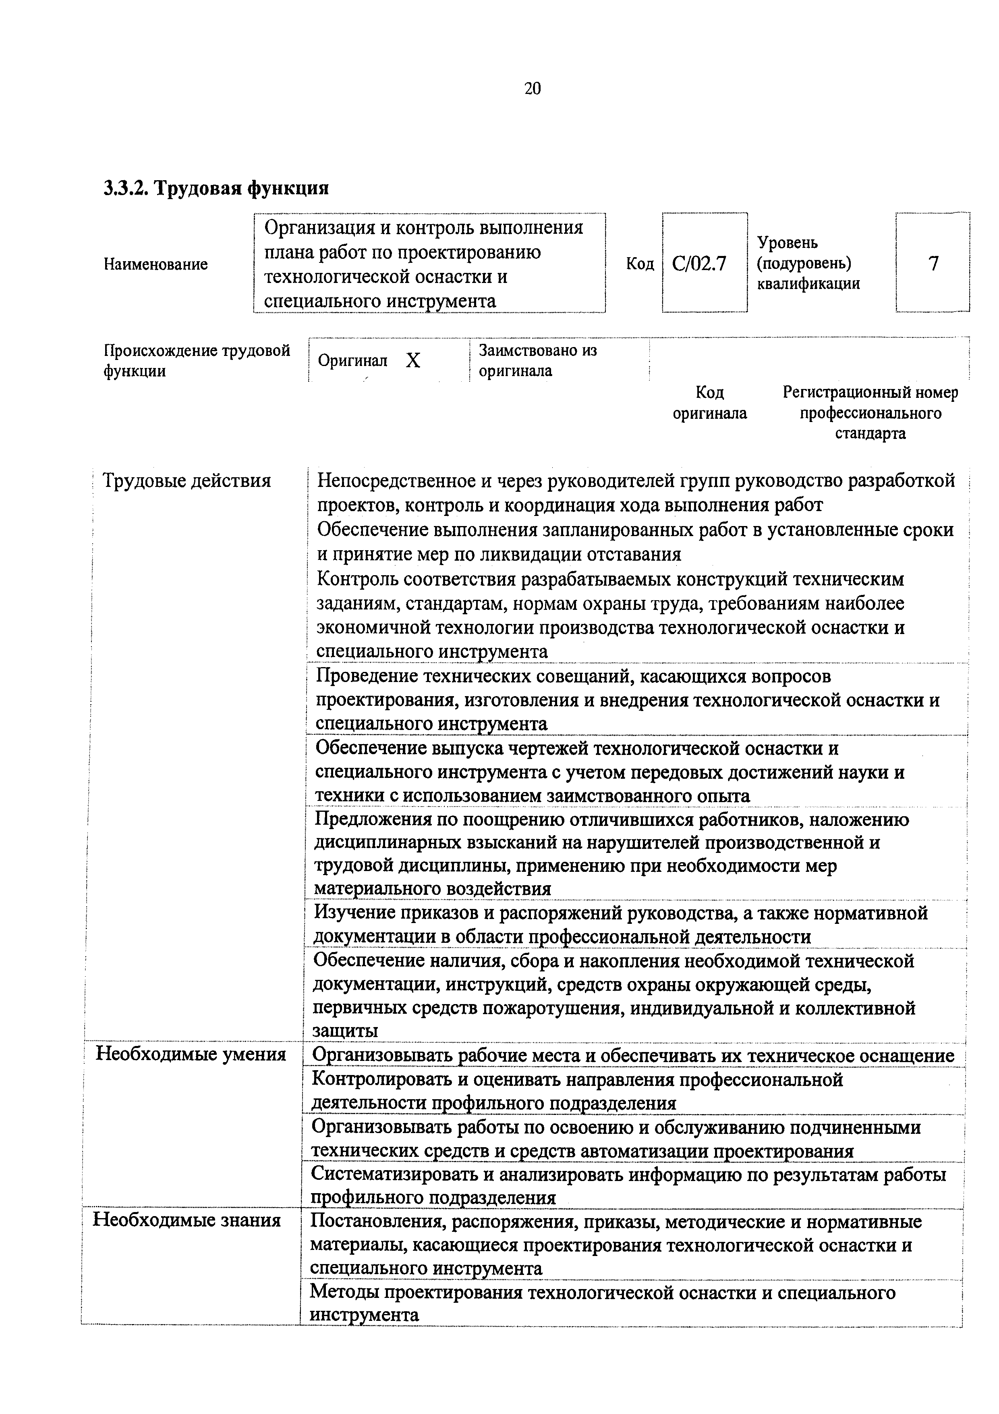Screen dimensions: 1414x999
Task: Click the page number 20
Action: point(533,89)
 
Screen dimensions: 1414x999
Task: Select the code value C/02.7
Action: point(699,264)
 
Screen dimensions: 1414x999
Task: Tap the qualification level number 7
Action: point(934,264)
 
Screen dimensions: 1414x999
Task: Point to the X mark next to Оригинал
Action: point(413,361)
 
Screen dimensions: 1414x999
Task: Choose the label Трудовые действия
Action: point(187,480)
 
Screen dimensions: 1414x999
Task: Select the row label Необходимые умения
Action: point(191,1054)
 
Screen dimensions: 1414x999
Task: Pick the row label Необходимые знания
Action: point(187,1220)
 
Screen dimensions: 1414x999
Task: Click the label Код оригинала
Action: point(710,402)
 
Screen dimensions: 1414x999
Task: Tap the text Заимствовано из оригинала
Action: point(537,360)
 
